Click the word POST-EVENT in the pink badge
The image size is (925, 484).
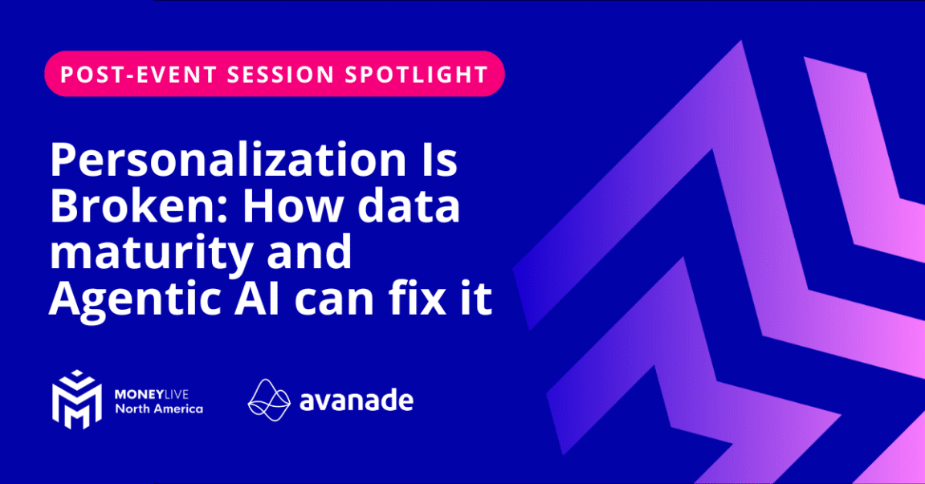click(129, 74)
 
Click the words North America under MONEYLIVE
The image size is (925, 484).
click(158, 409)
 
